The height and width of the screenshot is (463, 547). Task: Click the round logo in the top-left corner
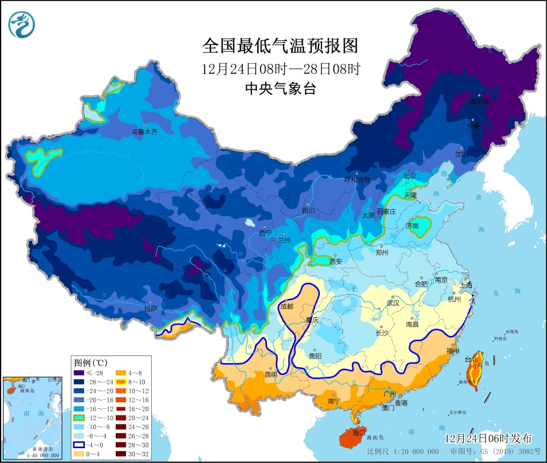coord(22,24)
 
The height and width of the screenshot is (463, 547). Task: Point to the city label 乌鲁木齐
coord(144,132)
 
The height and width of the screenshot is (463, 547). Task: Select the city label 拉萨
coord(151,308)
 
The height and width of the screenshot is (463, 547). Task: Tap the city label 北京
coord(410,176)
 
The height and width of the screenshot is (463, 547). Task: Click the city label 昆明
coord(271,375)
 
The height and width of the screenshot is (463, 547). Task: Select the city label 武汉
coord(393,303)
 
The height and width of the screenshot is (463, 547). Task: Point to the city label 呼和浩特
coord(358,179)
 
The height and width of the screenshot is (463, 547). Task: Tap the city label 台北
coord(470,360)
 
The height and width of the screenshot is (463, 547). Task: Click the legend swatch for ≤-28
coord(78,373)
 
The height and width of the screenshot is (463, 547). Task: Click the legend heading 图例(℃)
coord(90,362)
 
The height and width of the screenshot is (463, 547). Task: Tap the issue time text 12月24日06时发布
coord(488,438)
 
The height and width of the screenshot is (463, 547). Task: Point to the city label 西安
coord(336,261)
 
